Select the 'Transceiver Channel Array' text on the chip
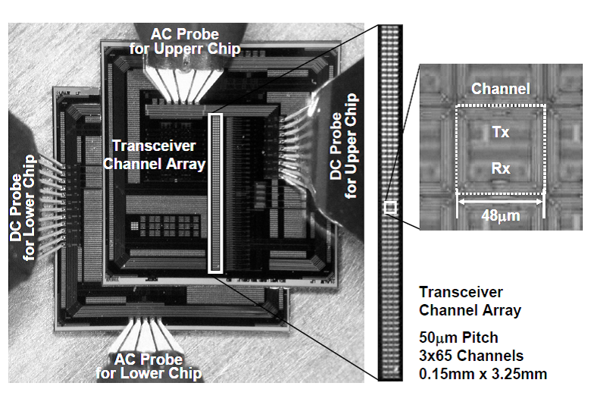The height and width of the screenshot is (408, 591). [x=159, y=154]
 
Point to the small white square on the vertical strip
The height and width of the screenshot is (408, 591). [x=389, y=207]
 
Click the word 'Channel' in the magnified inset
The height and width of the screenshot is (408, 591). [x=500, y=89]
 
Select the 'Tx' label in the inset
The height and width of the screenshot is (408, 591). [x=500, y=132]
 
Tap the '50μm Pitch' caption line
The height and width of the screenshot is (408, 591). [x=460, y=336]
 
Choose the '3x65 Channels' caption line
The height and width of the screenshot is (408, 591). [x=471, y=355]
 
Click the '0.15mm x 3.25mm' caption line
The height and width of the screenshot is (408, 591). [x=482, y=373]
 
